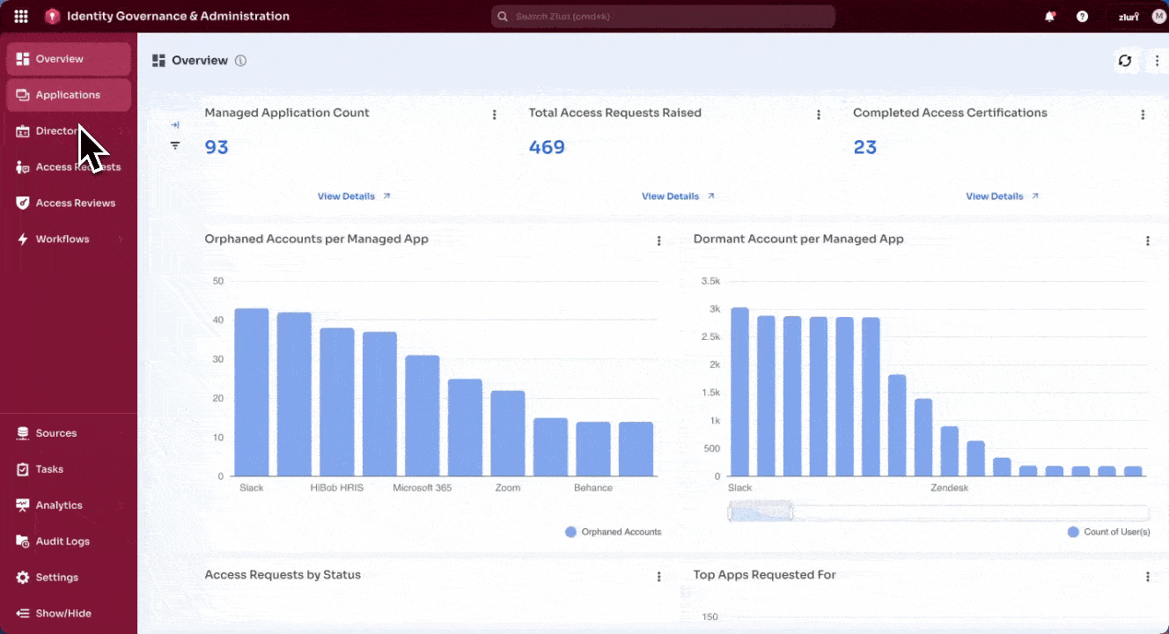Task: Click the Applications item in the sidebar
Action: click(68, 95)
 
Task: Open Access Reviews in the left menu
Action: click(75, 203)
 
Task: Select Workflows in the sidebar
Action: click(62, 240)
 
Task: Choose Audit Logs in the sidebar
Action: click(62, 542)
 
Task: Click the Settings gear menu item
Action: click(56, 578)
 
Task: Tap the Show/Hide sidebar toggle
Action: click(62, 614)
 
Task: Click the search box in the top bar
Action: click(662, 17)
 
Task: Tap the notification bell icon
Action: click(1049, 17)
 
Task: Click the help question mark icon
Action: click(1082, 17)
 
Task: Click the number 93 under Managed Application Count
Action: click(217, 147)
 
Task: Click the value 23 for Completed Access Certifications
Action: click(865, 147)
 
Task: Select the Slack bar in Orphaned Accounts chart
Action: click(252, 392)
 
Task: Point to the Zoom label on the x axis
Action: click(508, 488)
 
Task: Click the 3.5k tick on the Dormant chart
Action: click(709, 281)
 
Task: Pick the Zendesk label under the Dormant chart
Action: click(949, 488)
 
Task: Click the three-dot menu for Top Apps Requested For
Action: click(1148, 577)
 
